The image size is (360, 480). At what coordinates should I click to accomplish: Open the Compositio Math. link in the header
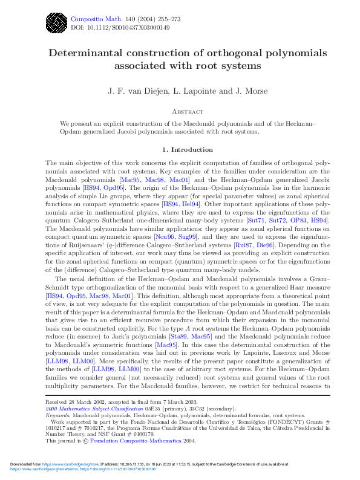pyautogui.click(x=93, y=18)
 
